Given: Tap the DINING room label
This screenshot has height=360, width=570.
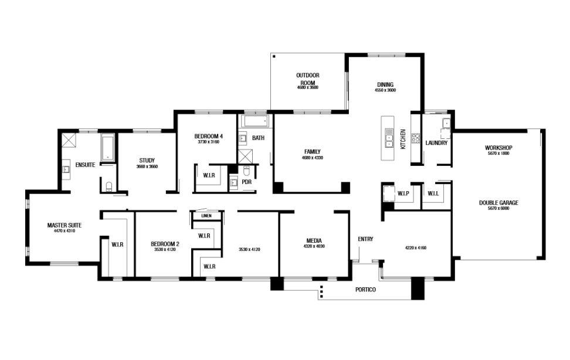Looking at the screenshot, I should click(385, 84).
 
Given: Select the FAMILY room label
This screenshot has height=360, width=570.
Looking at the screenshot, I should click(312, 151).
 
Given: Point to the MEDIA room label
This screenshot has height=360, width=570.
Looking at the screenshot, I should click(314, 240).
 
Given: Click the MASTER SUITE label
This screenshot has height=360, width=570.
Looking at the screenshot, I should click(64, 225).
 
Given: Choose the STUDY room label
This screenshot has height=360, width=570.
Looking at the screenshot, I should click(147, 160).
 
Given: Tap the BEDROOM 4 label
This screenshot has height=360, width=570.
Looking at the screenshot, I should click(208, 136).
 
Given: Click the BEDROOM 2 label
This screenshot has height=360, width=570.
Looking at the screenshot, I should click(165, 244).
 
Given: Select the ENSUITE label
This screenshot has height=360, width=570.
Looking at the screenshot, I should click(85, 165).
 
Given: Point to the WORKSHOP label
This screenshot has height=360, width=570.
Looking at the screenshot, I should click(499, 147).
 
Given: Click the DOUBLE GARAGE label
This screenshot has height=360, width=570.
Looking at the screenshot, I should click(498, 203).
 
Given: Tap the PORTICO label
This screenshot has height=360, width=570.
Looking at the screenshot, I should click(365, 290).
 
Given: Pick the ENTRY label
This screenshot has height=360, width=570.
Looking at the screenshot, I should click(365, 239).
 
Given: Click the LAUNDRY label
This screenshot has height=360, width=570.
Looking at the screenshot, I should click(437, 142).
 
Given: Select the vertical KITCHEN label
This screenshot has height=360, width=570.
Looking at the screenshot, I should click(403, 139).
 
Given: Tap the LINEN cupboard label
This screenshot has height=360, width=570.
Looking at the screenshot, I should click(206, 216).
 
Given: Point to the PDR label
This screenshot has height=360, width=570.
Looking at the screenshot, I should click(246, 182).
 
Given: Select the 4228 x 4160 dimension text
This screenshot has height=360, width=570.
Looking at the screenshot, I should click(415, 247).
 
